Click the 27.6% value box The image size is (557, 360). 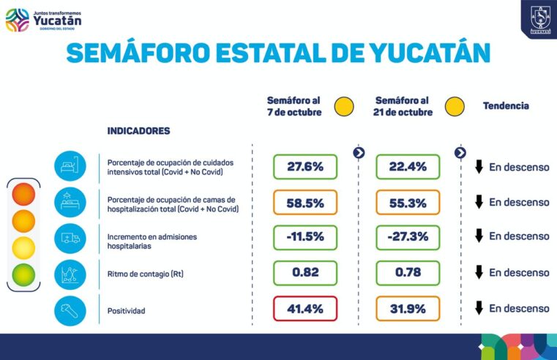pyautogui.click(x=304, y=167)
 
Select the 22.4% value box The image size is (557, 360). pyautogui.click(x=408, y=167)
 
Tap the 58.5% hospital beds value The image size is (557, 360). pyautogui.click(x=304, y=203)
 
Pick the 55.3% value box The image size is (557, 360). pyautogui.click(x=408, y=203)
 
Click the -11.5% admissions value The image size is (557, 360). pyautogui.click(x=304, y=237)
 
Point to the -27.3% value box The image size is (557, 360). pyautogui.click(x=408, y=237)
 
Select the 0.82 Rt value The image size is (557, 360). pyautogui.click(x=304, y=273)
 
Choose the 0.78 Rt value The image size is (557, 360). pyautogui.click(x=408, y=273)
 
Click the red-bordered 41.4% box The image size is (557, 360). pyautogui.click(x=304, y=308)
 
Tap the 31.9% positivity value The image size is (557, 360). pyautogui.click(x=408, y=308)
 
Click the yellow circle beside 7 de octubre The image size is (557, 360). pyautogui.click(x=344, y=107)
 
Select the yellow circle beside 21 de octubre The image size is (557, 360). pyautogui.click(x=455, y=107)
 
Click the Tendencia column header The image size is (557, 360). pyautogui.click(x=506, y=106)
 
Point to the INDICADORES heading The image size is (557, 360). pyautogui.click(x=138, y=131)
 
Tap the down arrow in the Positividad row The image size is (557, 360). pyautogui.click(x=479, y=308)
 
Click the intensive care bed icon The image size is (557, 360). pyautogui.click(x=70, y=166)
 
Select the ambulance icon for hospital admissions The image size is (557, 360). pyautogui.click(x=70, y=238)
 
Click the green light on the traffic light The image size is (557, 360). pyautogui.click(x=23, y=274)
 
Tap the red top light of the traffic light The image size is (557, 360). pyautogui.click(x=23, y=195)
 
